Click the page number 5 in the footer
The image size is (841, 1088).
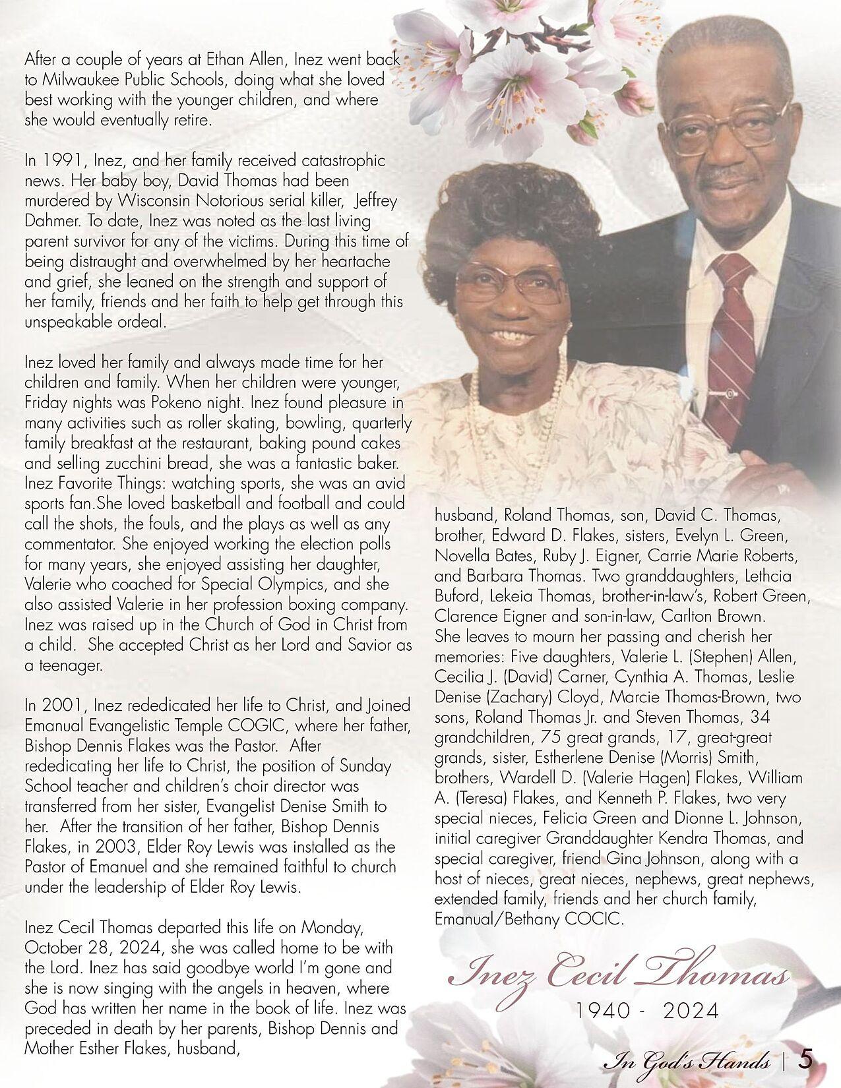(x=805, y=1060)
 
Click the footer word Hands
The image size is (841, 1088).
(x=745, y=1062)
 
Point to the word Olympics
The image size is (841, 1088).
(x=305, y=584)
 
